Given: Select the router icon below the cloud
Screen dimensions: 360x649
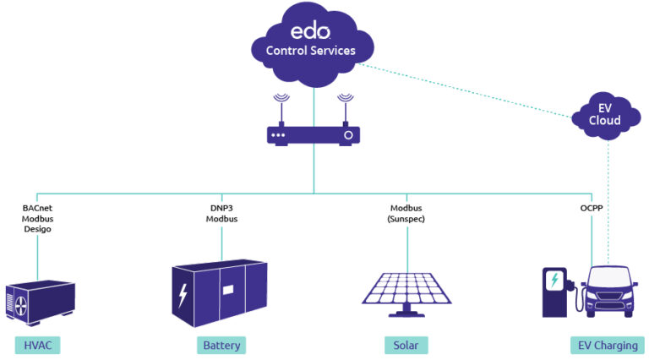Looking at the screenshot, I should pos(314,134).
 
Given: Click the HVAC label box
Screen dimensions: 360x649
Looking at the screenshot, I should pos(37,345).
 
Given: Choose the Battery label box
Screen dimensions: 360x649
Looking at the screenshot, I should pos(221,345).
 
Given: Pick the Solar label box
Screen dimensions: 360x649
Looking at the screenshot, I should pos(406,345).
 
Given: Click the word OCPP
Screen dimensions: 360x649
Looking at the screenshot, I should pos(592,208).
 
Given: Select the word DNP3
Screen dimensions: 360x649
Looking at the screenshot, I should pos(221,208).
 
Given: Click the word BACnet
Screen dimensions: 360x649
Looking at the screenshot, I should pos(37,208).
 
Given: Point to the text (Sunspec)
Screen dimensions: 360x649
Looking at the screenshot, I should pos(406,219).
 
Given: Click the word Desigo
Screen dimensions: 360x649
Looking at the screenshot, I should pos(37,230).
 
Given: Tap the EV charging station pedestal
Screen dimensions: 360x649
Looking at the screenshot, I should pos(555,292).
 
